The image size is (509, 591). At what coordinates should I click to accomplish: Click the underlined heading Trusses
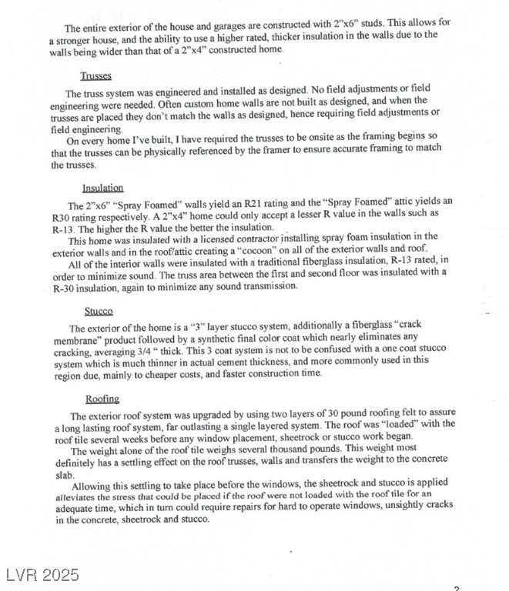[96, 75]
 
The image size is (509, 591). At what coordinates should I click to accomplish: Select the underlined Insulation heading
[102, 188]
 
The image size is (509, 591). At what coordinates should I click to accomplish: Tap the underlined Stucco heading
[98, 312]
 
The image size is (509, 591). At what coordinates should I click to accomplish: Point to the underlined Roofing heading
[102, 399]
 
